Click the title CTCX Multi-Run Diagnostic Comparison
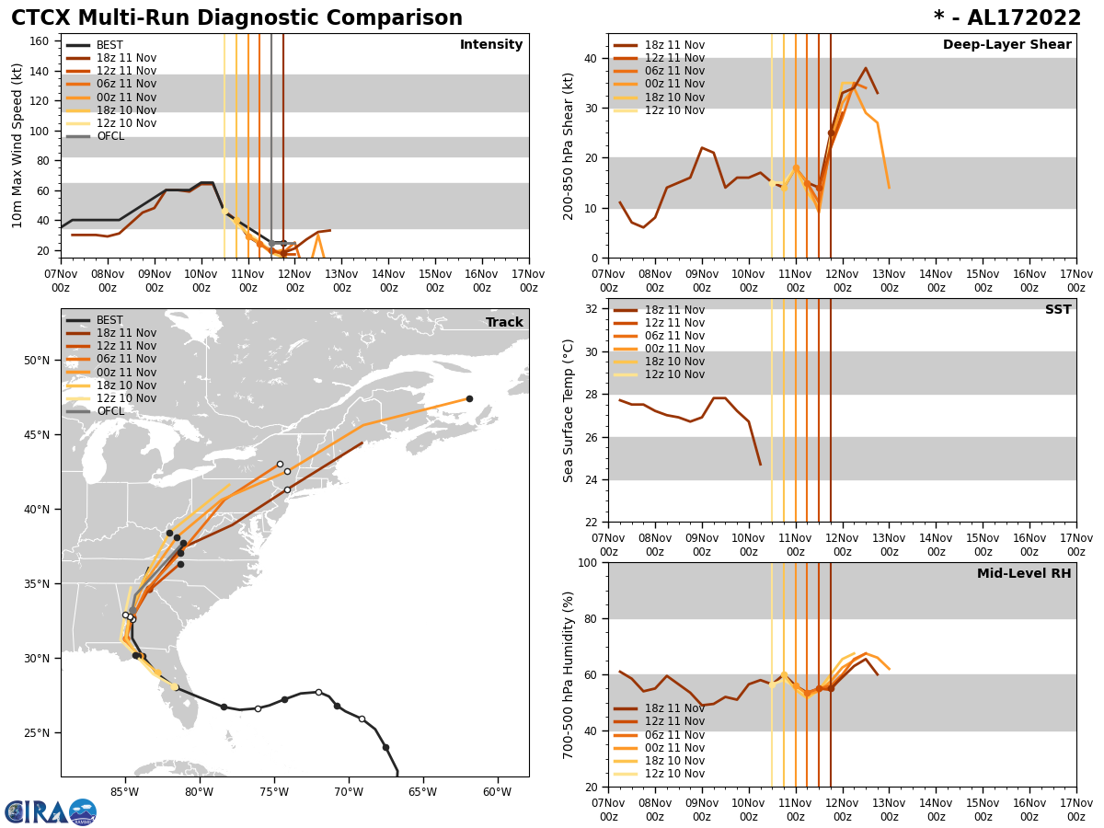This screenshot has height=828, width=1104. [x=236, y=18]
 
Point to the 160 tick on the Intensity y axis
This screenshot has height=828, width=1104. [x=42, y=40]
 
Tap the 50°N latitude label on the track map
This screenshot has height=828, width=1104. [x=36, y=360]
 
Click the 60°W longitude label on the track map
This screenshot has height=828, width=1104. [x=497, y=791]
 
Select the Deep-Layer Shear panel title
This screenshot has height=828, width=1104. [x=1006, y=45]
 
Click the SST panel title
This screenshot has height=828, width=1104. [x=1058, y=310]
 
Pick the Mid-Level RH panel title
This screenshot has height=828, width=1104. [x=1024, y=574]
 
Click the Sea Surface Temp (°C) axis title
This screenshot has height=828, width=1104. [x=569, y=410]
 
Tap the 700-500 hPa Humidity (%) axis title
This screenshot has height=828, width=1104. [x=569, y=674]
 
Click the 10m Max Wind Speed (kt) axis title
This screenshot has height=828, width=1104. [x=17, y=145]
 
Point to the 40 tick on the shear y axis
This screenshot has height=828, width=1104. [x=590, y=58]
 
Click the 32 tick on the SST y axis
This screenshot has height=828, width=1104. [x=590, y=309]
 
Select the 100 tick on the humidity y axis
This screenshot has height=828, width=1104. [x=586, y=562]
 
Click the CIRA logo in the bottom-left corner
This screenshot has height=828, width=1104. [x=51, y=811]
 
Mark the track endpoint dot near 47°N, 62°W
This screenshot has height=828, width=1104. [x=469, y=398]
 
